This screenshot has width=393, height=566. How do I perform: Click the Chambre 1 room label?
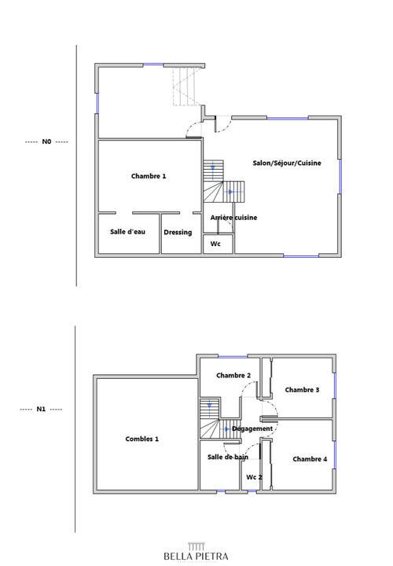[149, 177]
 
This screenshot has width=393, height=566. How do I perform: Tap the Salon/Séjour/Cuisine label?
[287, 163]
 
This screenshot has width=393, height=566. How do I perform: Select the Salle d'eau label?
[127, 232]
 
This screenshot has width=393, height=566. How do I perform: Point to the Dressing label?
[178, 232]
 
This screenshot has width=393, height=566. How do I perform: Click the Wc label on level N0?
[215, 244]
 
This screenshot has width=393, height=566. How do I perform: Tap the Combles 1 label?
[141, 439]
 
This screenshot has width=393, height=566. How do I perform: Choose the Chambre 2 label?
[233, 376]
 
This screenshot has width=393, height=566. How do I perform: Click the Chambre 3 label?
[302, 390]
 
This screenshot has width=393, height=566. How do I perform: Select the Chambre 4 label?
[310, 459]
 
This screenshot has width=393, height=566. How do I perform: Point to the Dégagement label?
[253, 428]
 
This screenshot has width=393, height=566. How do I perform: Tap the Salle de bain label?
[228, 457]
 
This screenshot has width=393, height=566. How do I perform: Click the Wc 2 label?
[254, 477]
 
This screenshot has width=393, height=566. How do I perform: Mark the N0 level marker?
[46, 142]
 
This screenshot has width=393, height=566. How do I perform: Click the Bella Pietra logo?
[196, 553]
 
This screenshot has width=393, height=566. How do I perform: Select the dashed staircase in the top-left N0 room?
[186, 86]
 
